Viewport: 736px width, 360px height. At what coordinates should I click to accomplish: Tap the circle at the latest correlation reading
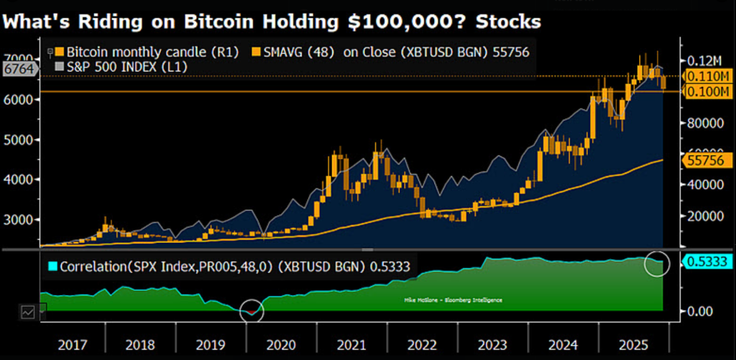[x=657, y=263]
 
